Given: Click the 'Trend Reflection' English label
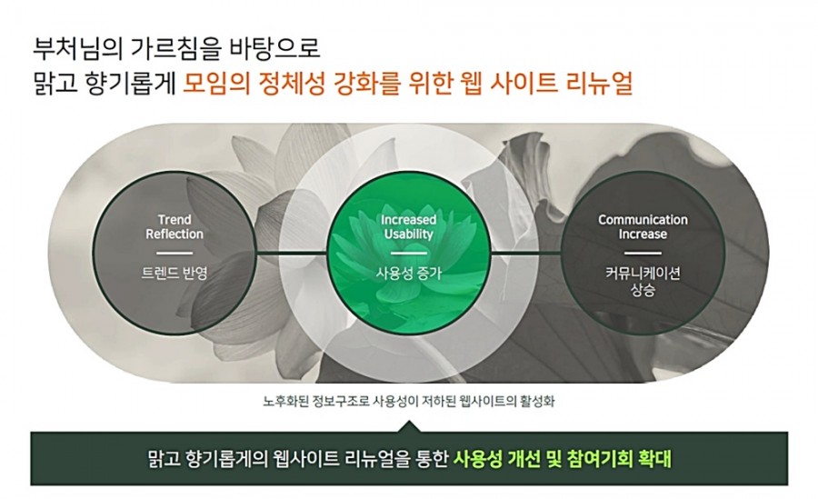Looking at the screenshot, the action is click(x=175, y=226).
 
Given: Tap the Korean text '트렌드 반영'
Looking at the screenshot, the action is click(x=175, y=273).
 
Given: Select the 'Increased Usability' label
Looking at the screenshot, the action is click(x=408, y=226).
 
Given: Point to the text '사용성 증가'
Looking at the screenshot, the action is click(x=408, y=273).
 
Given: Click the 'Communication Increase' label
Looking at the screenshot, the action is click(x=643, y=226).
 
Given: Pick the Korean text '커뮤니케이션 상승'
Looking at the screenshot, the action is click(x=643, y=281).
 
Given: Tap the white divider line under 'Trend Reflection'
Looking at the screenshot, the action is click(x=175, y=254).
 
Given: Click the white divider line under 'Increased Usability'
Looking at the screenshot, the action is click(x=408, y=254).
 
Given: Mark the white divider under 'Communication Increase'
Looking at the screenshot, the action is click(x=643, y=254).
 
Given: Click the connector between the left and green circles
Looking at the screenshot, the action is click(x=292, y=254).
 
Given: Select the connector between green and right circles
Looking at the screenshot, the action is click(x=526, y=254).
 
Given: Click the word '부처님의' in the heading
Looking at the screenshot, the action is click(x=77, y=48).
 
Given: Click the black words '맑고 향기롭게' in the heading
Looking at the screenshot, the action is click(x=105, y=84).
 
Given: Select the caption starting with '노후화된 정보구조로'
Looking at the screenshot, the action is click(x=408, y=402).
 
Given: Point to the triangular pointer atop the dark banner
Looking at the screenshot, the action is click(x=409, y=426).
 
